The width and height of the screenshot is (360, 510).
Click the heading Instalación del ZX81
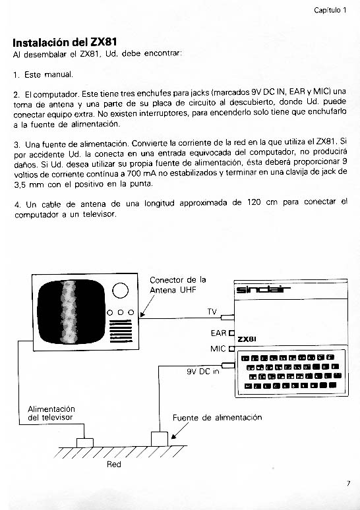tap(65, 43)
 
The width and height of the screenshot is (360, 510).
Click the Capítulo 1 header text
tap(330, 10)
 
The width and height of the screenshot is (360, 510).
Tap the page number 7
tap(348, 484)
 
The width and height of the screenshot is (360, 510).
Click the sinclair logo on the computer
tap(262, 289)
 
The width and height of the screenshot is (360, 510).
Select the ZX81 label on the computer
tap(247, 339)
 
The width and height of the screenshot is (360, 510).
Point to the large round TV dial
tap(120, 291)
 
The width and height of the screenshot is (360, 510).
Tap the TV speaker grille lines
tap(121, 331)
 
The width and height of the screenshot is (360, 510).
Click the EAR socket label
tap(218, 333)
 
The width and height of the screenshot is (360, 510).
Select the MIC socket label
tap(218, 349)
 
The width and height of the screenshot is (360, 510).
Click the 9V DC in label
tap(203, 372)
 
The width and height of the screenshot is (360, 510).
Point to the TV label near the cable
tap(212, 312)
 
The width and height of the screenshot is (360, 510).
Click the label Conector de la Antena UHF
tap(178, 285)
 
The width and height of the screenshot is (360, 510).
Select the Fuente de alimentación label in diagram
tap(217, 418)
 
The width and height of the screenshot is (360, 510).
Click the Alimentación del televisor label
tap(51, 413)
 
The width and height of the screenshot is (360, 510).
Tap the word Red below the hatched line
tap(114, 464)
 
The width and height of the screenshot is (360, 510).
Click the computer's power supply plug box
tap(160, 439)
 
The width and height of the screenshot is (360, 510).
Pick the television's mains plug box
tap(85, 443)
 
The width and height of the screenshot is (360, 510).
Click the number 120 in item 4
tap(254, 202)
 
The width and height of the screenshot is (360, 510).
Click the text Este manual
tap(49, 74)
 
